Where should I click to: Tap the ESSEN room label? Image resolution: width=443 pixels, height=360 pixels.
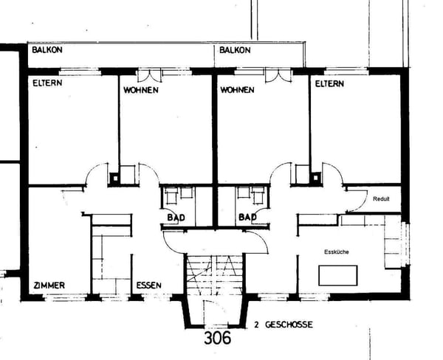pyautogui.click(x=149, y=285)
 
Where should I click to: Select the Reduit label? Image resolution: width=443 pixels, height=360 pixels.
pyautogui.click(x=381, y=199)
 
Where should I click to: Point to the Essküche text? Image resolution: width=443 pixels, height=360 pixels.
pyautogui.click(x=337, y=252)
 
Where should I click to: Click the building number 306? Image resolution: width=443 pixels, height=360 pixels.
pyautogui.click(x=216, y=338)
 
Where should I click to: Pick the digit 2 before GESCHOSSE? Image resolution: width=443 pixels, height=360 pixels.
pyautogui.click(x=255, y=325)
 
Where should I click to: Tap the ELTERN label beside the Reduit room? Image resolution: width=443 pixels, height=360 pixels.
pyautogui.click(x=329, y=84)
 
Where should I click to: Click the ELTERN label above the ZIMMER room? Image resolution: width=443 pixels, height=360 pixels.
pyautogui.click(x=47, y=83)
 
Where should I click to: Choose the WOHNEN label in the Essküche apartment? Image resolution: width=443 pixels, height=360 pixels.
pyautogui.click(x=237, y=90)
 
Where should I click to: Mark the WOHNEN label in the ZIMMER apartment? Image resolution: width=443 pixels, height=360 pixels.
pyautogui.click(x=140, y=90)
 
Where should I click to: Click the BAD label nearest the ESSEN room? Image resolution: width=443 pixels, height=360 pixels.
pyautogui.click(x=175, y=218)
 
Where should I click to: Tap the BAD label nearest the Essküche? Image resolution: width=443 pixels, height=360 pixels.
pyautogui.click(x=247, y=218)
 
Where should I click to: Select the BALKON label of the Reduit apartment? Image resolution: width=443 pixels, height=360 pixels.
pyautogui.click(x=236, y=50)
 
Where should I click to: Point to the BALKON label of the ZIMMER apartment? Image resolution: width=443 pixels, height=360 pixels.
pyautogui.click(x=47, y=50)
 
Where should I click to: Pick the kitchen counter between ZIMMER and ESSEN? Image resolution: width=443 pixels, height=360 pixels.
pyautogui.click(x=111, y=255)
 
